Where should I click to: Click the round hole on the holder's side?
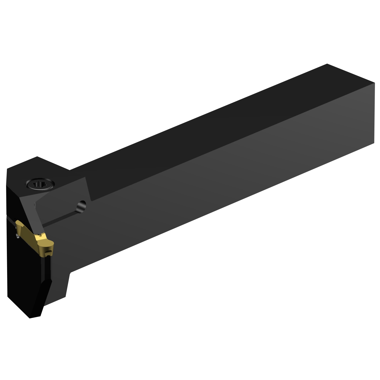point(82,205)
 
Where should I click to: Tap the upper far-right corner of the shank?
point(374,83)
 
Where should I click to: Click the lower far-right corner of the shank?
point(374,143)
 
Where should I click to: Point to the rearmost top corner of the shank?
point(327,64)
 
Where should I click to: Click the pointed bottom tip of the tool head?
point(30,318)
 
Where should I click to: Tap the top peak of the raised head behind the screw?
point(37,157)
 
